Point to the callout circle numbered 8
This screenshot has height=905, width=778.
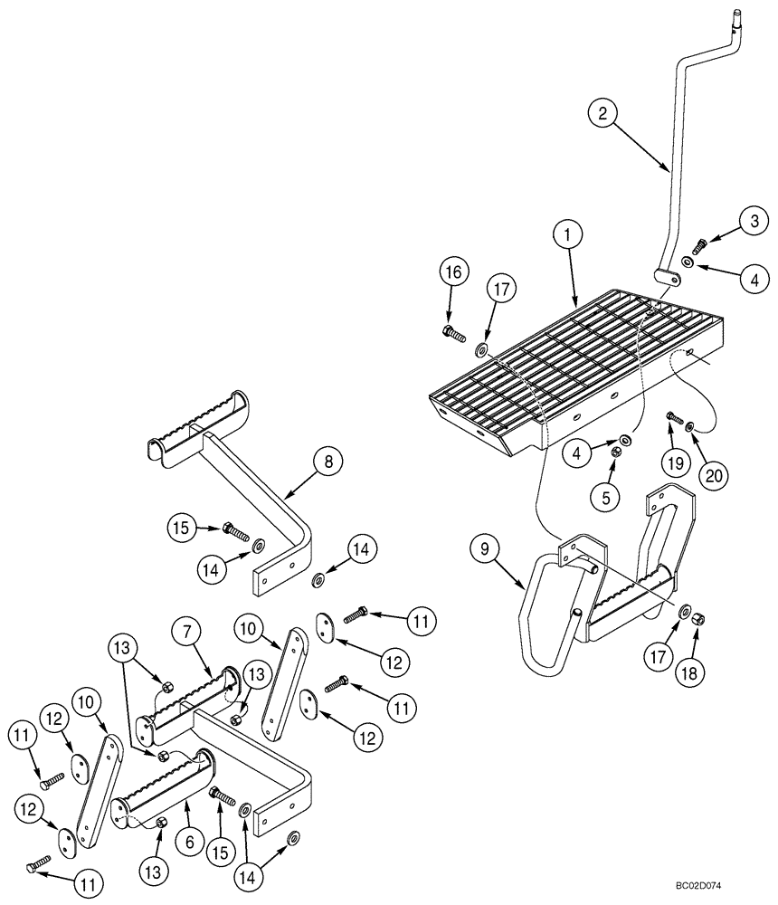pos(327,462)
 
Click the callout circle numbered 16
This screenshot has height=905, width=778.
pos(455,272)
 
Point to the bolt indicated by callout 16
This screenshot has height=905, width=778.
pos(454,334)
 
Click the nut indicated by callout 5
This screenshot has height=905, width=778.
pos(614,450)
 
